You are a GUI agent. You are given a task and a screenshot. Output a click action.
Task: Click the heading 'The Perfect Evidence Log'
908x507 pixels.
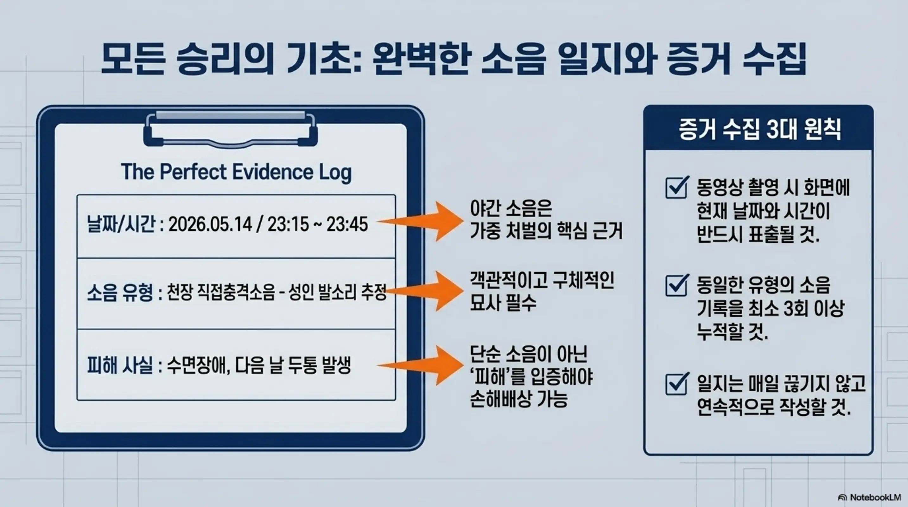coord(236,172)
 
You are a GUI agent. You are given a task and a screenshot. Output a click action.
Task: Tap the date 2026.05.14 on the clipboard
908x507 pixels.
coord(210,224)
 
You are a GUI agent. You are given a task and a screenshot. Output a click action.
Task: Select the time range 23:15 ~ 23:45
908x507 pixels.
coord(317,224)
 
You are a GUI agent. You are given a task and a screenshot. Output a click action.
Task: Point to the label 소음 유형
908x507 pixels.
coord(120,293)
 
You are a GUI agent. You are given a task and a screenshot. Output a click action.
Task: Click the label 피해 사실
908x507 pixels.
coord(120,365)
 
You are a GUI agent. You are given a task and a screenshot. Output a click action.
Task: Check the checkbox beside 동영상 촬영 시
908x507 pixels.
coord(676,188)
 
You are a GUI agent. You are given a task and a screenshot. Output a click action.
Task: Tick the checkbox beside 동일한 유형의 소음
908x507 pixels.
coord(676,286)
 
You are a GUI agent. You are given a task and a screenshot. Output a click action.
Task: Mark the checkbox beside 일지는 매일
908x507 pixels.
coord(676,384)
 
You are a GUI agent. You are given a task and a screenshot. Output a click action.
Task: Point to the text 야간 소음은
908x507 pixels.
coord(511,209)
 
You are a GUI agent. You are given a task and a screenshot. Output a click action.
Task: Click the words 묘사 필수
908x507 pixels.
coord(503,303)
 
